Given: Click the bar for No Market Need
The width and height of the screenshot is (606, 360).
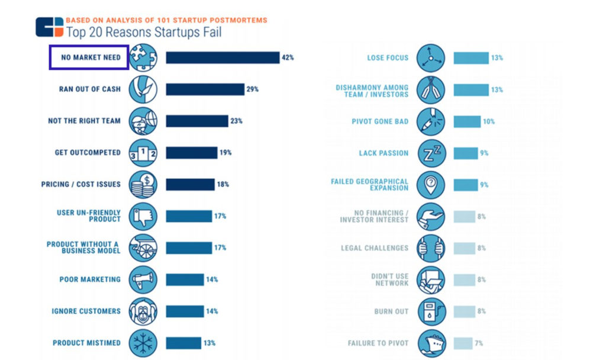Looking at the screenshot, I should point(222,57).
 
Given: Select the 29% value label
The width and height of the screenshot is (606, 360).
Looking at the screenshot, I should point(253,89).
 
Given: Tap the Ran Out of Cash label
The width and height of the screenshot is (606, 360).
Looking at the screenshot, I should point(89,89).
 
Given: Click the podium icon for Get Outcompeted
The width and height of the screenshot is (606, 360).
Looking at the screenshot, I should point(143,153).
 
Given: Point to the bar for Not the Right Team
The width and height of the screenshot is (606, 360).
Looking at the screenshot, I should point(196,121).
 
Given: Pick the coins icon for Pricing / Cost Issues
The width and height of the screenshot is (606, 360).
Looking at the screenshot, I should point(143,185).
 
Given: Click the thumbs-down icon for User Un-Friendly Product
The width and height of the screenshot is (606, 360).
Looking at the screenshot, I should point(143,216).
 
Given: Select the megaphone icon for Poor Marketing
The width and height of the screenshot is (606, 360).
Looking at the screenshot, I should point(143,279).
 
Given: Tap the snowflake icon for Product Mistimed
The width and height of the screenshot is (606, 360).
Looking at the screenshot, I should point(143,343).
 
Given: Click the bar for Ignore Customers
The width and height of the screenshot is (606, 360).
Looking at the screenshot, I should point(184,311).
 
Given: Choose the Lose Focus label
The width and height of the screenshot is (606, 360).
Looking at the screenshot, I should point(388,58).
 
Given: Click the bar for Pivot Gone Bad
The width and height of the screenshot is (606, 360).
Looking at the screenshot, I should point(467,121).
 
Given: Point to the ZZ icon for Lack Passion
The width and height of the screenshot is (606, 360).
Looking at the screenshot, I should point(431,153).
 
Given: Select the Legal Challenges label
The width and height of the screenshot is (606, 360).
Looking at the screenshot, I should point(375,248).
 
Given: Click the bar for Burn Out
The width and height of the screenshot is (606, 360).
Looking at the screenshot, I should point(464,311).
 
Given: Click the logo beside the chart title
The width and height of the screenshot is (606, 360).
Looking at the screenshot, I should point(49,27).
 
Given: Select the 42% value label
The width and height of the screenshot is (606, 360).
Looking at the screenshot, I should point(288,57).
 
